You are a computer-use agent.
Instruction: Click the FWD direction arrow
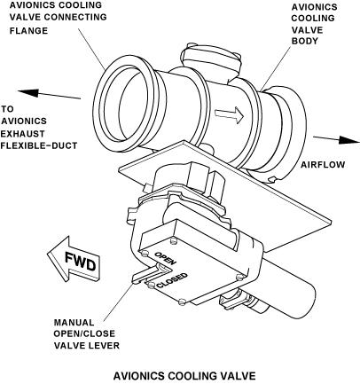[74, 259]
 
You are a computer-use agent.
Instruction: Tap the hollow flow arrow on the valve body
[230, 115]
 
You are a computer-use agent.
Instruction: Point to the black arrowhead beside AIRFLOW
[348, 140]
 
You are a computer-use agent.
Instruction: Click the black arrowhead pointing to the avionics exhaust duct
[28, 92]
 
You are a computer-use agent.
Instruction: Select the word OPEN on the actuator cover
[166, 258]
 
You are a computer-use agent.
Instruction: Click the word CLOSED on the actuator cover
[172, 280]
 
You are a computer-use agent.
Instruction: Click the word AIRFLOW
[323, 165]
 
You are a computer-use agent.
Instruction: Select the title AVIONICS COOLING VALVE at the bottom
[184, 376]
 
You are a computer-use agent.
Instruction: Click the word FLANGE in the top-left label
[28, 31]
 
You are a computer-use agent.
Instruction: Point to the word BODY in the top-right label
[305, 41]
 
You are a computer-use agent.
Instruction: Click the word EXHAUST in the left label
[22, 134]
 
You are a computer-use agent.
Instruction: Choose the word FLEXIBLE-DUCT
[39, 145]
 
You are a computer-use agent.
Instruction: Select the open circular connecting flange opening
[125, 105]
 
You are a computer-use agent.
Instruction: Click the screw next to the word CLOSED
[152, 285]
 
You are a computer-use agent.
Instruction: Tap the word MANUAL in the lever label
[74, 322]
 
